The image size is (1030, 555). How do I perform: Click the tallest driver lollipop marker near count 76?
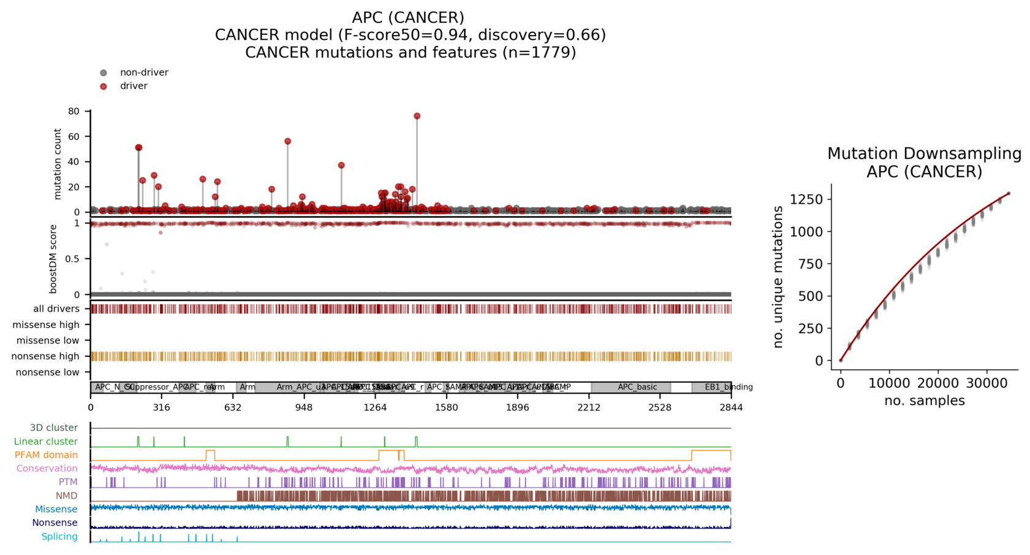click(x=417, y=116)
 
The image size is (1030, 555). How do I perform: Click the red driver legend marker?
click(x=104, y=86)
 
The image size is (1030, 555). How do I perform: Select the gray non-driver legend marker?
click(x=104, y=73)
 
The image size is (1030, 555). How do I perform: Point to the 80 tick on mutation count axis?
click(x=74, y=111)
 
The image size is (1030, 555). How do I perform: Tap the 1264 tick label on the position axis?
click(x=375, y=407)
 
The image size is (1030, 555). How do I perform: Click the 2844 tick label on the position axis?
click(x=731, y=407)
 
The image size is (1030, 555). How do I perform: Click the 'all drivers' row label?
click(x=56, y=309)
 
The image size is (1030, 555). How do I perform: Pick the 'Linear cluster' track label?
click(x=46, y=442)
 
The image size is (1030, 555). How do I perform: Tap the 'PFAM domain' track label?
click(x=47, y=455)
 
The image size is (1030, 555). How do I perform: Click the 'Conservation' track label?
click(x=47, y=469)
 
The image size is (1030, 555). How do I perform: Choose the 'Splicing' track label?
click(x=59, y=537)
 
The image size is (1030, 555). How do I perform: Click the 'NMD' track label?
click(x=67, y=496)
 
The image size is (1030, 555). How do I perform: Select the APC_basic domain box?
click(x=637, y=387)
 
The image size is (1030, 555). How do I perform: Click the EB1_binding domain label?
click(x=729, y=387)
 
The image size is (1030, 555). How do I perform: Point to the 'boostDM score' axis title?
click(x=53, y=259)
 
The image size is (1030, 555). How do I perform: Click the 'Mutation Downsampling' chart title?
click(x=924, y=153)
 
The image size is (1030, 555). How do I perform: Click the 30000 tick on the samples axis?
click(x=986, y=383)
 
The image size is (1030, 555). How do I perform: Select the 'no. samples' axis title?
click(x=924, y=401)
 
